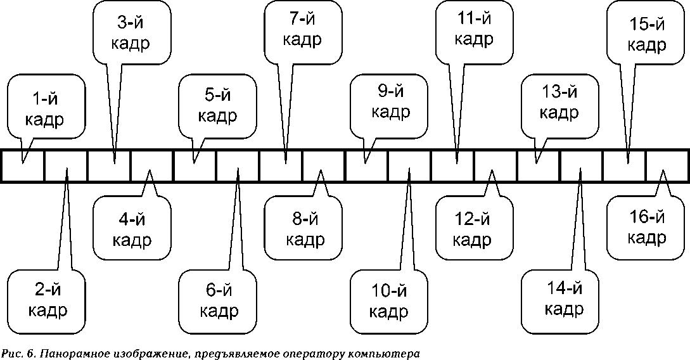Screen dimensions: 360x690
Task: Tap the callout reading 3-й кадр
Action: (133, 33)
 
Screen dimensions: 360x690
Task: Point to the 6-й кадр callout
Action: (219, 300)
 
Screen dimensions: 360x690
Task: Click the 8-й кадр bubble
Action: (305, 229)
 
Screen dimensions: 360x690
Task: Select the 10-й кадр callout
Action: (389, 302)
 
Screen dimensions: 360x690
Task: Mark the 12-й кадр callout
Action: (475, 229)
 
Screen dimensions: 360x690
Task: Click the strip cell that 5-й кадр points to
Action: (195, 166)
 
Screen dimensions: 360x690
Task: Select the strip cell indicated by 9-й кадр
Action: (367, 166)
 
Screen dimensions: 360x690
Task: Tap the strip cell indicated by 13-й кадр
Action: (538, 166)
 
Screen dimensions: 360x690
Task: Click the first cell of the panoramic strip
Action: (23, 166)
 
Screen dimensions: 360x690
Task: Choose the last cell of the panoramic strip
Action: (667, 166)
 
